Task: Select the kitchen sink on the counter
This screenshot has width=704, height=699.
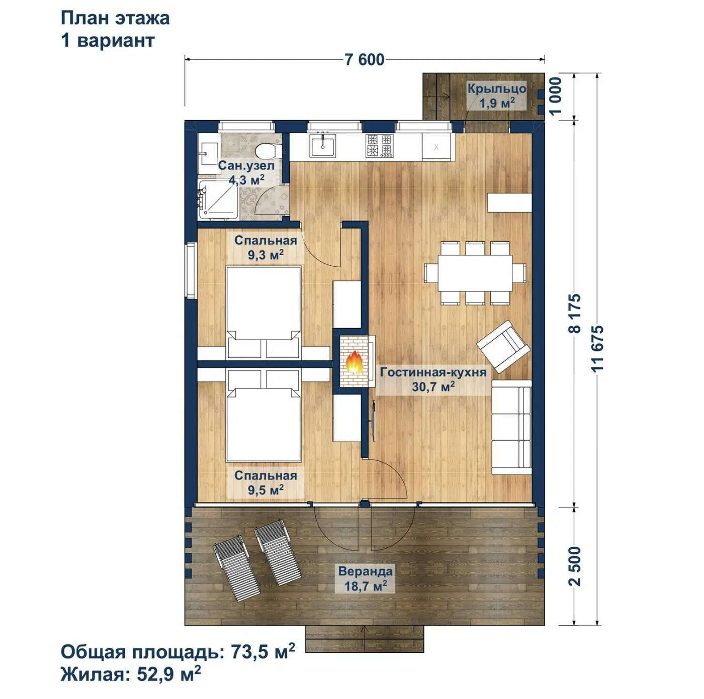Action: pyautogui.click(x=323, y=145)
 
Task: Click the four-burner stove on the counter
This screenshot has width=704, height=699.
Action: pyautogui.click(x=380, y=146)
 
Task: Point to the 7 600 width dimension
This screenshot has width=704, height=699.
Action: pyautogui.click(x=364, y=59)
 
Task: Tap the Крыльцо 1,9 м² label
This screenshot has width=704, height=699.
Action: pyautogui.click(x=497, y=96)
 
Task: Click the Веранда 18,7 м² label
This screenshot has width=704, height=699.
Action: pyautogui.click(x=366, y=578)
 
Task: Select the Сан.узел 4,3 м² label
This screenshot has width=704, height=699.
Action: pyautogui.click(x=246, y=173)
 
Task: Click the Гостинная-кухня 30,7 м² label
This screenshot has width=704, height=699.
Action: pyautogui.click(x=433, y=379)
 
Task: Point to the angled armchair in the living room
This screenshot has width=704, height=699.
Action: pyautogui.click(x=503, y=346)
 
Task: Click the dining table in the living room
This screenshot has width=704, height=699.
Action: pyautogui.click(x=475, y=273)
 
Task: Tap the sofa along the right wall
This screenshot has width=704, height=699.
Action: pyautogui.click(x=511, y=427)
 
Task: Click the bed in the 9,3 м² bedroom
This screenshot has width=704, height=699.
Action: pyautogui.click(x=263, y=312)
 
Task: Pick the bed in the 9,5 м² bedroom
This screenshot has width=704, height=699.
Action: pyautogui.click(x=263, y=416)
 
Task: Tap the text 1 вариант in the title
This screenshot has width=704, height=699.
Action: pyautogui.click(x=108, y=40)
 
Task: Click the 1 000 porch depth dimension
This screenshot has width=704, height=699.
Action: pyautogui.click(x=555, y=96)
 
